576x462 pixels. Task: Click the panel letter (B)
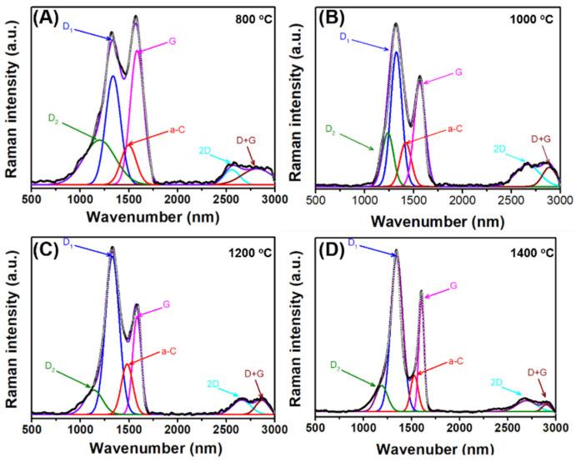(333, 17)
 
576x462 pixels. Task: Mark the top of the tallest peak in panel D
(396, 249)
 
